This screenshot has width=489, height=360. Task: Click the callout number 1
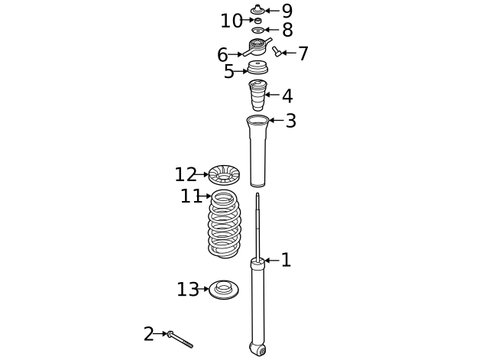[286, 261]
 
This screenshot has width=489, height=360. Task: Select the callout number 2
[148, 334]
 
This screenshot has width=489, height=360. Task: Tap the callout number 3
[290, 121]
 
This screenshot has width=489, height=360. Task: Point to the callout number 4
[287, 96]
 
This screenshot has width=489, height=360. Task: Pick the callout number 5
[228, 72]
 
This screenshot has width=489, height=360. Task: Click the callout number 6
[222, 55]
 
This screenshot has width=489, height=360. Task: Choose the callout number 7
[303, 54]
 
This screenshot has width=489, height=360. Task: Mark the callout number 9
[287, 11]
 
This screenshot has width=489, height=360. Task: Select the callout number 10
[231, 21]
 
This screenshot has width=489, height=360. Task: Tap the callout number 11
[191, 196]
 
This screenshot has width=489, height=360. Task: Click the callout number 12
[185, 175]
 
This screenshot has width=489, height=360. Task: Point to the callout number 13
[187, 290]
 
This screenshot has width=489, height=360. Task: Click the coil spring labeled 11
[224, 225]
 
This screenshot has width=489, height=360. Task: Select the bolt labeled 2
[181, 340]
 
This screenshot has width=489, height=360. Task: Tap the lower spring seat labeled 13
[223, 290]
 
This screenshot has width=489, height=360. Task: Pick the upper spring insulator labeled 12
[223, 175]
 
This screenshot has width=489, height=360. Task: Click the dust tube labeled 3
[257, 153]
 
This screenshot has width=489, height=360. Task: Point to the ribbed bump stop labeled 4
[257, 96]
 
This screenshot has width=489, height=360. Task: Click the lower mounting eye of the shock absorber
[258, 349]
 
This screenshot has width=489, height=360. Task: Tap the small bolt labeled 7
[277, 51]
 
